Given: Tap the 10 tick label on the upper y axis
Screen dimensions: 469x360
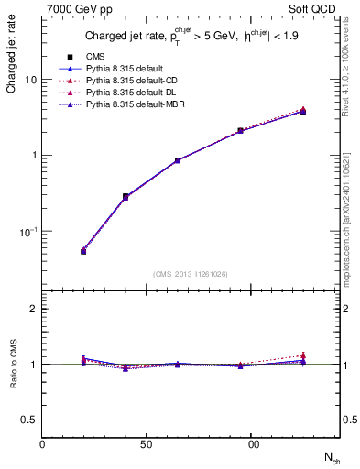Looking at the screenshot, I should [31, 80].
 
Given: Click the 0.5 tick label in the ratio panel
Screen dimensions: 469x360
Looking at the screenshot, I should [29, 420].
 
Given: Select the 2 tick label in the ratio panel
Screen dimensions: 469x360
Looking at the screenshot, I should [33, 309].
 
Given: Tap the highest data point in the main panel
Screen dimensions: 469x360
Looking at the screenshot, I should [302, 112].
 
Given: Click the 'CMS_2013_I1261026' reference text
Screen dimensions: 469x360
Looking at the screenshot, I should [190, 274].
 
